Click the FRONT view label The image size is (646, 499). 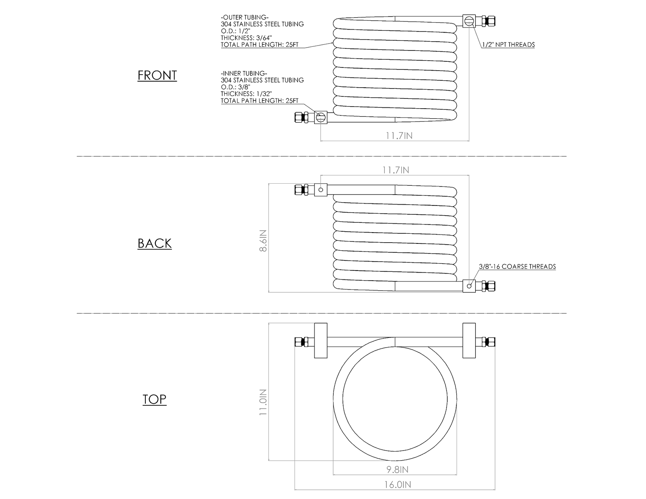157,75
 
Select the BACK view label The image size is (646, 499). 154,243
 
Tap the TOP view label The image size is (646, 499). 154,399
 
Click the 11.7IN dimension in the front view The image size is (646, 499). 399,136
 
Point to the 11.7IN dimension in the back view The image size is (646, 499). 396,170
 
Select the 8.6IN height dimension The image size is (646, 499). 263,241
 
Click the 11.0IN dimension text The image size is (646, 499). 263,402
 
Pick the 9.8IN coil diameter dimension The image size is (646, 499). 397,470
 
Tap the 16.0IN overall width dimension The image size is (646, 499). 397,485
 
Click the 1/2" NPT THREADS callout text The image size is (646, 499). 508,44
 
